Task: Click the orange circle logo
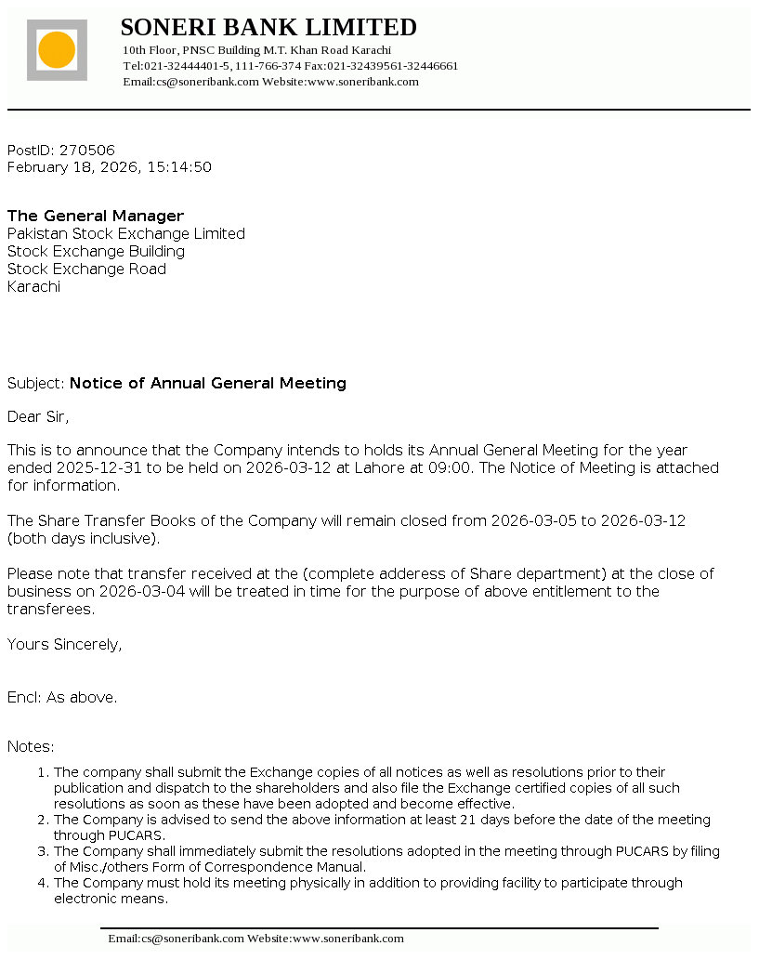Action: [57, 49]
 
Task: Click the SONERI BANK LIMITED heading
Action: [268, 27]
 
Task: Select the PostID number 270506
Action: [87, 150]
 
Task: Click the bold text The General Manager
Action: [96, 216]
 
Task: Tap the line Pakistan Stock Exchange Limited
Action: [126, 233]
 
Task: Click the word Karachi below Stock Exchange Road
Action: [33, 286]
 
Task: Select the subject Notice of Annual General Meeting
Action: [208, 383]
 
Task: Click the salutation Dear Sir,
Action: [38, 416]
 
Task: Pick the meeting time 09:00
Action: [450, 467]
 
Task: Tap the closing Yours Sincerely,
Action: [64, 644]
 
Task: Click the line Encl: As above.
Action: [62, 697]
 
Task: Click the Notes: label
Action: [31, 746]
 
